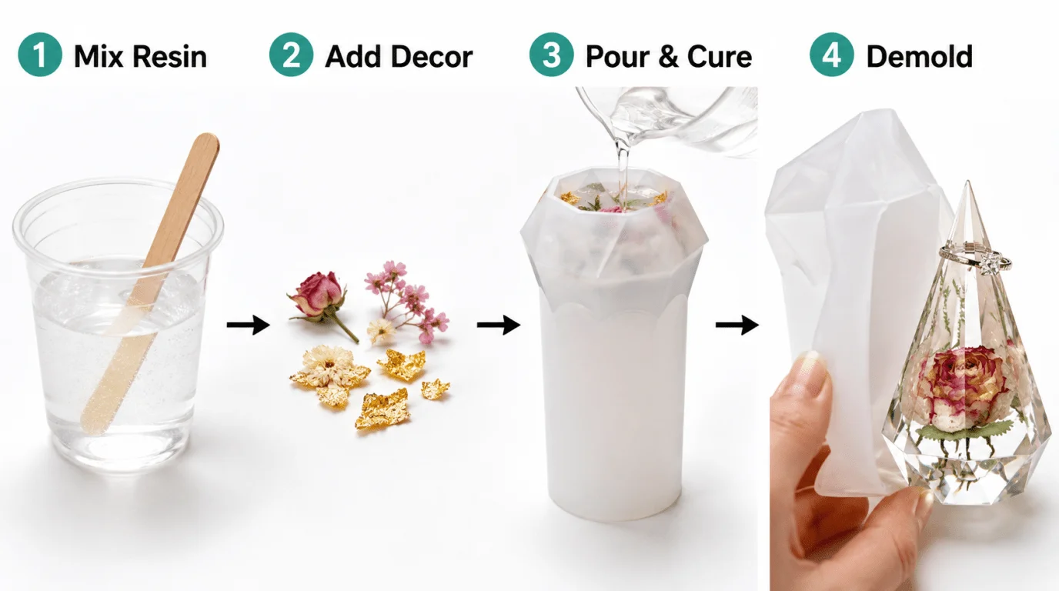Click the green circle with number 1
[x=40, y=55]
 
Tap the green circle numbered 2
[x=291, y=55]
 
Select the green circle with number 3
[x=551, y=55]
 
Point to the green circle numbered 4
[x=832, y=55]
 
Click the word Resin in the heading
[x=169, y=57]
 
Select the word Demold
[x=920, y=57]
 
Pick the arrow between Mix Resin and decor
[x=248, y=325]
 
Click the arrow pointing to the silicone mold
[x=498, y=325]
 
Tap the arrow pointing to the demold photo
[x=737, y=325]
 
